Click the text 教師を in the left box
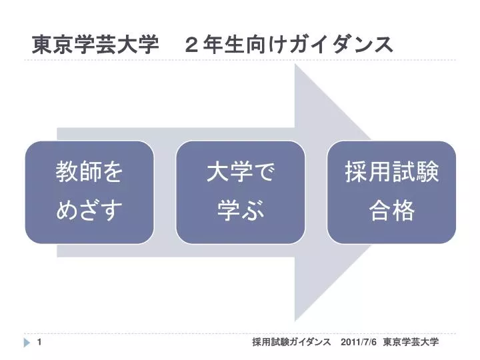point(89,173)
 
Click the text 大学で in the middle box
point(240,173)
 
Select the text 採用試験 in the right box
point(391,173)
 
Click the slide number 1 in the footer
point(41,342)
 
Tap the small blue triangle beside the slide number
point(27,343)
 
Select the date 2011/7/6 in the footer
point(359,342)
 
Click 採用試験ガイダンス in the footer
point(291,342)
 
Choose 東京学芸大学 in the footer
point(411,342)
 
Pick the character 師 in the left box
point(89,173)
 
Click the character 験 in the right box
point(427,173)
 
